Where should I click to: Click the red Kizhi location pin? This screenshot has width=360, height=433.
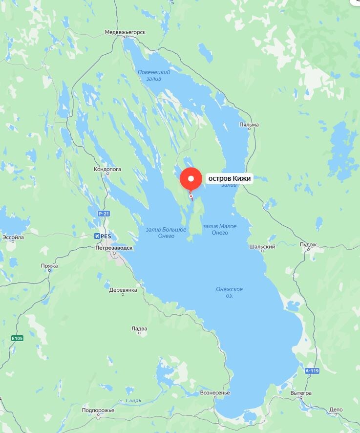[191, 179]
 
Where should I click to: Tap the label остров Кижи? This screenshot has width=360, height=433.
[230, 179]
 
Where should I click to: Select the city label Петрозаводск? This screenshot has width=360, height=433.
[114, 248]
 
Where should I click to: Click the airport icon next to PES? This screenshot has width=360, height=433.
[98, 236]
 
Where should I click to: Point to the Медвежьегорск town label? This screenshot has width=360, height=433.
[125, 32]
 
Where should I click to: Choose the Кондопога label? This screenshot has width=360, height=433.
[107, 170]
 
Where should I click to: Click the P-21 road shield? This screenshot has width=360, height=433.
[103, 214]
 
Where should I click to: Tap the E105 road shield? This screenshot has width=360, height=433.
[18, 338]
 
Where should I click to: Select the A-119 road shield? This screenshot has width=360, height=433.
[312, 371]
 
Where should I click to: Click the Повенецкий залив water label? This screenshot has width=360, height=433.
[153, 75]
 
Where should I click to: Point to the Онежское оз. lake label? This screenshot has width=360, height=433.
[229, 292]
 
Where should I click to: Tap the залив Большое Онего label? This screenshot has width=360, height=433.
[166, 233]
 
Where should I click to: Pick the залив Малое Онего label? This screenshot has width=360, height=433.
[220, 229]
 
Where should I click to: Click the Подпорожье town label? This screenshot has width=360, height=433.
[98, 410]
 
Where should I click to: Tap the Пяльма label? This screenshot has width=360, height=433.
[249, 125]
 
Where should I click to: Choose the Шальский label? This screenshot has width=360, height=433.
[262, 247]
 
